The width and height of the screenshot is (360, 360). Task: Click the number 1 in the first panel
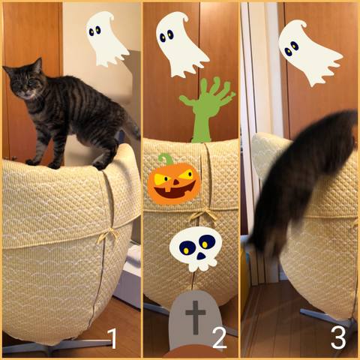(112, 338)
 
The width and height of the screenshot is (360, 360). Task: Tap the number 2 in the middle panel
(220, 338)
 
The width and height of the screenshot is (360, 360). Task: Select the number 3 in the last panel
(338, 337)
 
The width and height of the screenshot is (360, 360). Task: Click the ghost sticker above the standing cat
(106, 39)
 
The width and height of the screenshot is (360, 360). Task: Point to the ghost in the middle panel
(181, 45)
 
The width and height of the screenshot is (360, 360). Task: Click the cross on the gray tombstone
(196, 317)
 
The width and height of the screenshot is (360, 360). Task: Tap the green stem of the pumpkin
(166, 159)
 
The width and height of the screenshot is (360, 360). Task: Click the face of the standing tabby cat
(24, 84)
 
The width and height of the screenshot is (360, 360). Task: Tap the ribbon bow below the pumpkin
(203, 215)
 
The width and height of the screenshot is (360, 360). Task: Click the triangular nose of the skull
(201, 256)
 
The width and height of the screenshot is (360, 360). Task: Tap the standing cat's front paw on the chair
(32, 163)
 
